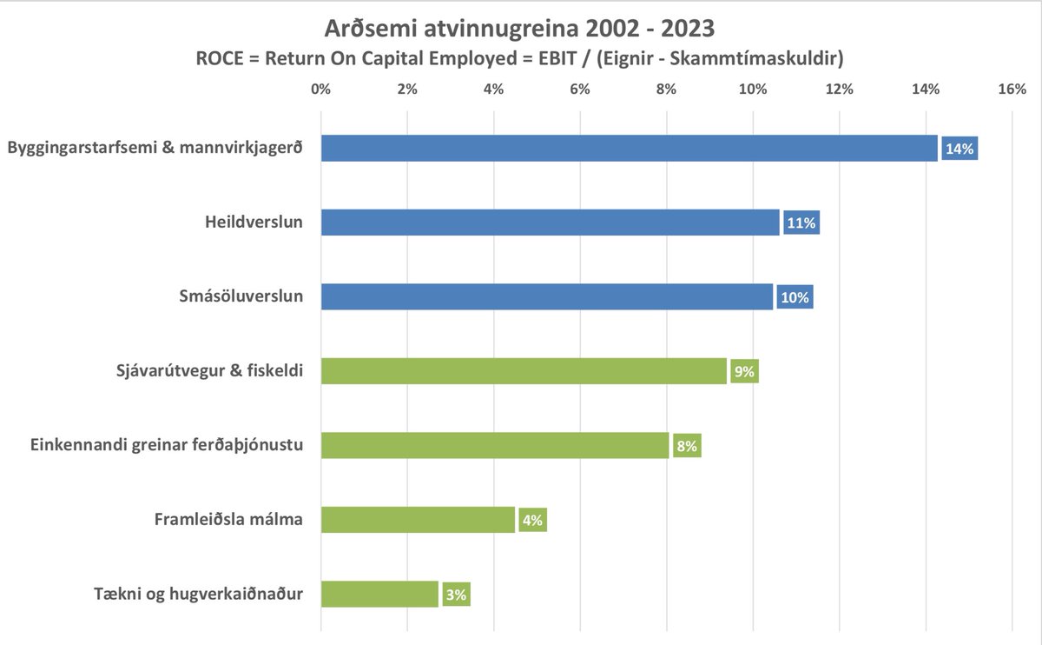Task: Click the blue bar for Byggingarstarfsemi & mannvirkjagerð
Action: click(629, 149)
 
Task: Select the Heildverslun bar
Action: click(550, 223)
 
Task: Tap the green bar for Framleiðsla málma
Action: click(418, 520)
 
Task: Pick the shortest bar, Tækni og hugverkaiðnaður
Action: click(379, 595)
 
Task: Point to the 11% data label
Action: click(801, 223)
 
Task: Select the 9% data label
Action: click(744, 372)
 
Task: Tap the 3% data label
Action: click(456, 595)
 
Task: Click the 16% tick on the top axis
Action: click(1012, 89)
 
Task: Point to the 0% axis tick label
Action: click(321, 89)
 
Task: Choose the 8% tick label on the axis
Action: click(666, 89)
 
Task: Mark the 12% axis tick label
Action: click(839, 89)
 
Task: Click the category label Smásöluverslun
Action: click(236, 296)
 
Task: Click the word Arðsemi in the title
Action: click(366, 29)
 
